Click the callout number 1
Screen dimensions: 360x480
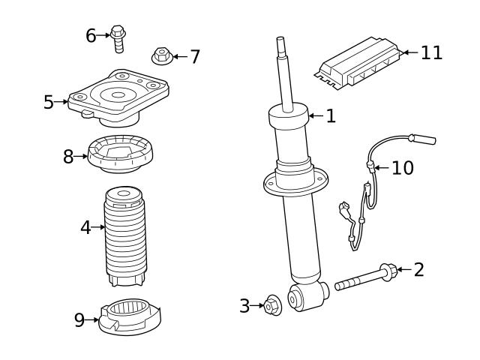(x=330, y=115)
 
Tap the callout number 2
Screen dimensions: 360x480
(x=418, y=269)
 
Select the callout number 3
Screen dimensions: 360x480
(x=244, y=306)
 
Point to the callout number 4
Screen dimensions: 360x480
(x=86, y=226)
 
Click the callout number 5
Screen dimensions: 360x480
(x=49, y=101)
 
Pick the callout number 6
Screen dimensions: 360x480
(x=91, y=35)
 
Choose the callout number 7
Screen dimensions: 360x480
(x=194, y=56)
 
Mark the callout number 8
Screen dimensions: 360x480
(x=68, y=157)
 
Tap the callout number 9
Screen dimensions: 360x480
(x=79, y=320)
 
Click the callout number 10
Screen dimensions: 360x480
(x=403, y=167)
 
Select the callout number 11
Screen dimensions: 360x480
(x=431, y=52)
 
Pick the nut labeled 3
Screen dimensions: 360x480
(x=273, y=306)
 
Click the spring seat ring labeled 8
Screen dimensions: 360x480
(x=120, y=155)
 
